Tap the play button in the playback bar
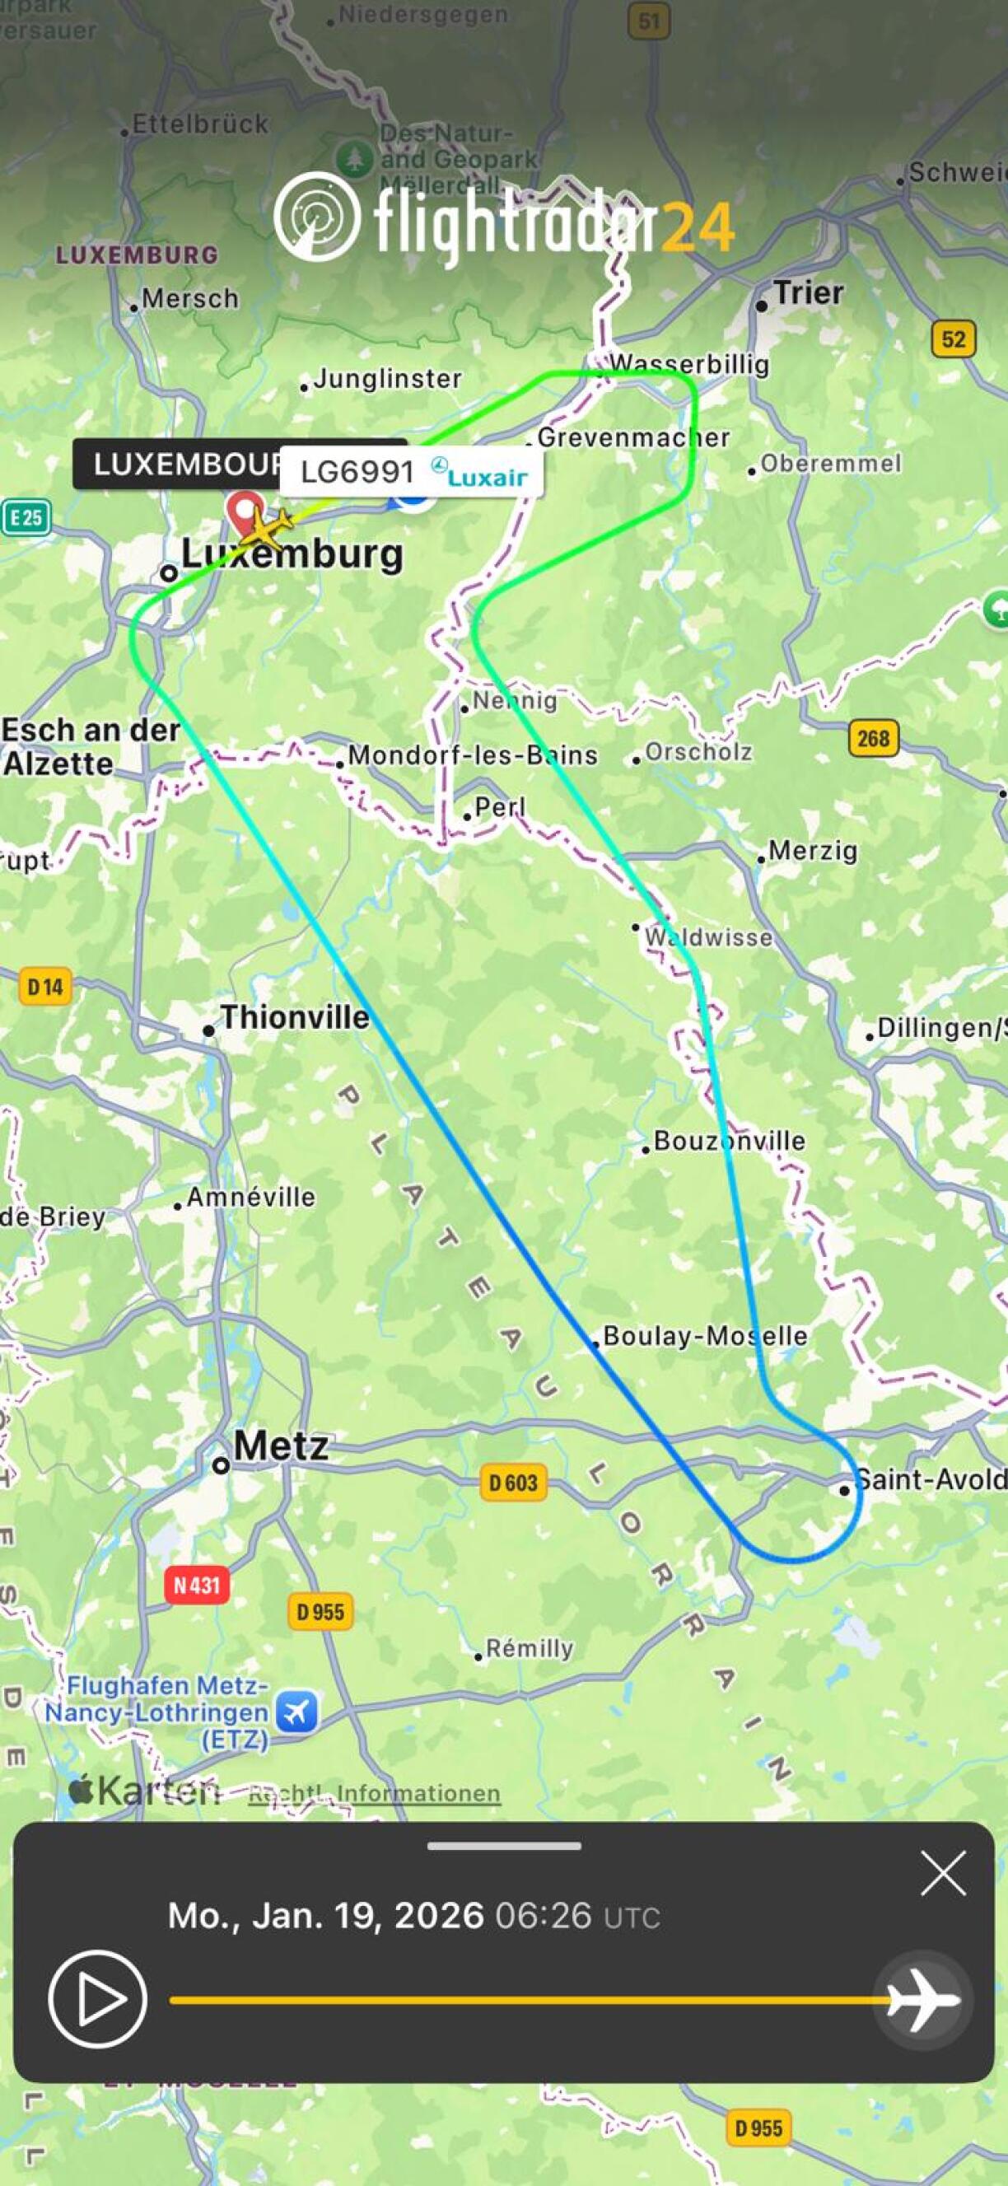pyautogui.click(x=97, y=1999)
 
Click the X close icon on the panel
pyautogui.click(x=943, y=1874)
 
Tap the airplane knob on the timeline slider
pyautogui.click(x=922, y=2000)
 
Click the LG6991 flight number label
pyautogui.click(x=357, y=472)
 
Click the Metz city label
pyautogui.click(x=280, y=1446)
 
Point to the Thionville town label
pyautogui.click(x=295, y=1016)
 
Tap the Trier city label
pyautogui.click(x=808, y=292)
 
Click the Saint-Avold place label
pyautogui.click(x=930, y=1480)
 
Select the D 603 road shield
pyautogui.click(x=513, y=1483)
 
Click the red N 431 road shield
pyautogui.click(x=197, y=1586)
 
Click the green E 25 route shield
pyautogui.click(x=26, y=517)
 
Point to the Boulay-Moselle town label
pyautogui.click(x=704, y=1337)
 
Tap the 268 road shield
pyautogui.click(x=873, y=738)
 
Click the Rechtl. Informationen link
pyautogui.click(x=374, y=1793)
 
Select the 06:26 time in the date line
pyautogui.click(x=543, y=1915)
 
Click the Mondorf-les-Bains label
pyautogui.click(x=473, y=754)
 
